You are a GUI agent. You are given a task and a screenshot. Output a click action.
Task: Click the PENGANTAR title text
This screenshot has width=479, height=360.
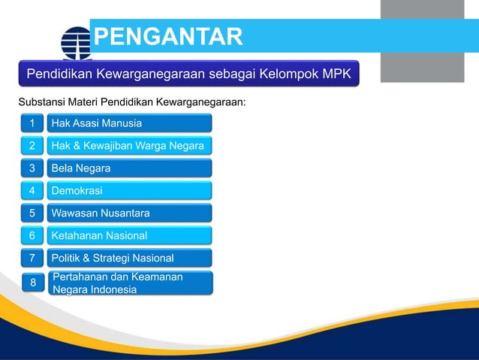coord(168,35)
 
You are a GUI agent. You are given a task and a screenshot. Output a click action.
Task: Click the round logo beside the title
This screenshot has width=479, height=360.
coord(75,42)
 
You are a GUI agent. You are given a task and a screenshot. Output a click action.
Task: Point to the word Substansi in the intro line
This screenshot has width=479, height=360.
coord(43,101)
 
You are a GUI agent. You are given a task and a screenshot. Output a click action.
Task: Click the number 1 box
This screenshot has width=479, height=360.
coord(32,123)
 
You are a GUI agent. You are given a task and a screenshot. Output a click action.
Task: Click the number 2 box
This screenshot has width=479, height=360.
coord(32,146)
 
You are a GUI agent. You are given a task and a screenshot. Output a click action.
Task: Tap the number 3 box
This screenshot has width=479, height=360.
coord(32,168)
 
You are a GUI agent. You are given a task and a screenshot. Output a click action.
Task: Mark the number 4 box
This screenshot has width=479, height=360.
coord(32,191)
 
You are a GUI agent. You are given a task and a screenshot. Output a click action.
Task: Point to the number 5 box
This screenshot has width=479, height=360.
coord(32,213)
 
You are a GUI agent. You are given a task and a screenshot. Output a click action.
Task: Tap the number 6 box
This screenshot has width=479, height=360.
coord(32,236)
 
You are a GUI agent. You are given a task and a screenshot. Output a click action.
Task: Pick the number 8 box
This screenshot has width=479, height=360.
coord(32,283)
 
